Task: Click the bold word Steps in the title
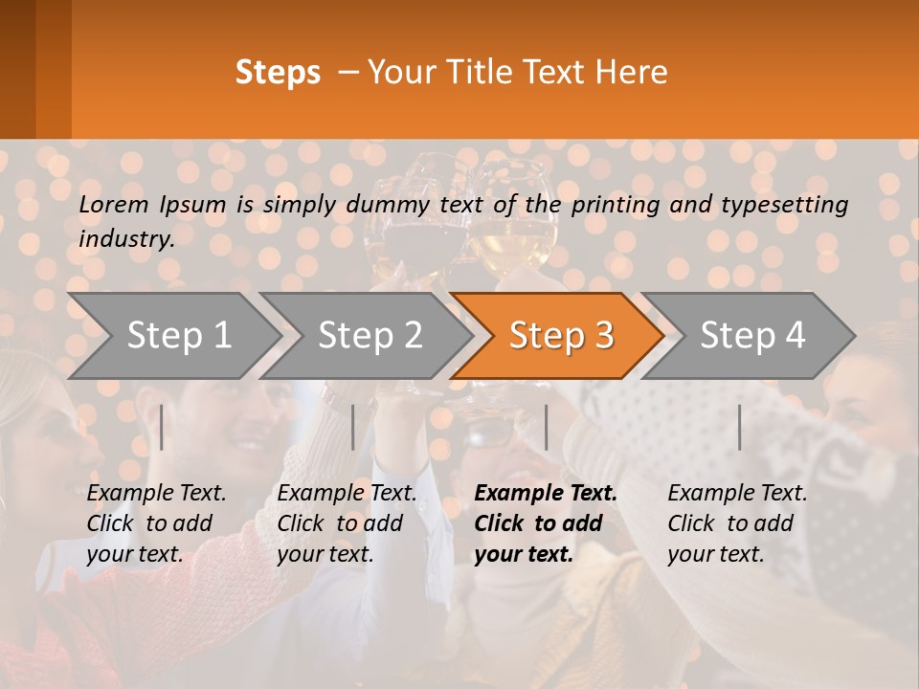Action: (x=278, y=73)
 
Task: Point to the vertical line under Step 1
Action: (x=162, y=427)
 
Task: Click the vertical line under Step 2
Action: (x=353, y=427)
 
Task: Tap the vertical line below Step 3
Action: (x=546, y=427)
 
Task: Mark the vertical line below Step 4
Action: (x=740, y=427)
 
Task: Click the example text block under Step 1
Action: (x=156, y=523)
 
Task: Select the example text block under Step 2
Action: (x=347, y=523)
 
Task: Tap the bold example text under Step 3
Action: (x=546, y=523)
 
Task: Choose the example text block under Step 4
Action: (x=737, y=523)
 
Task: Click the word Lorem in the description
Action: (x=114, y=205)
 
